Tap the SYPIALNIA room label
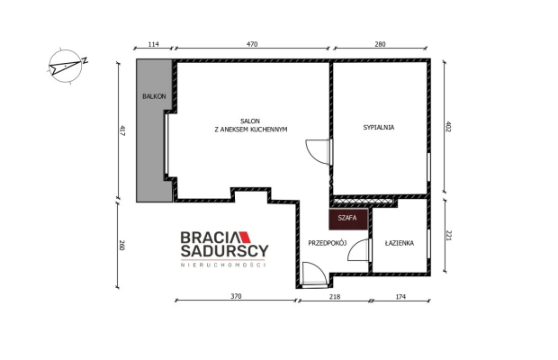379,128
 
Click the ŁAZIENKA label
399,243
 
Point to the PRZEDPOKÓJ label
326,243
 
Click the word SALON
250,121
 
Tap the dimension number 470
252,44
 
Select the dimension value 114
153,44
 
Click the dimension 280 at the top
380,44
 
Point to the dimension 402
447,127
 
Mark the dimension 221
447,236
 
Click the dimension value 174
400,296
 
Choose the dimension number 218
334,296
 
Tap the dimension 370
236,296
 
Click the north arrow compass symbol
67,65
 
